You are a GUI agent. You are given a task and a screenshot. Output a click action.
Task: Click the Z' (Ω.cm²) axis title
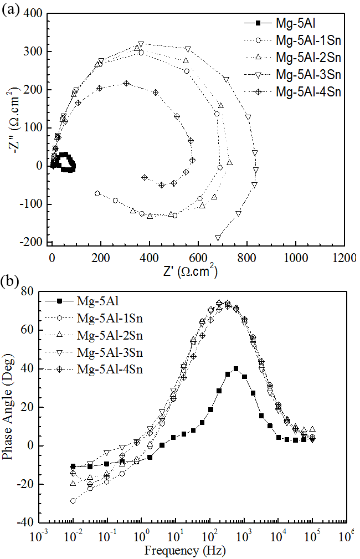tap(189, 272)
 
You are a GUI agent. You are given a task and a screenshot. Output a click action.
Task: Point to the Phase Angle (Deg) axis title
tap(9, 407)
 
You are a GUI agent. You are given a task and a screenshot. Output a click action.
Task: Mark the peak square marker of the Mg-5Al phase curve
tap(236, 368)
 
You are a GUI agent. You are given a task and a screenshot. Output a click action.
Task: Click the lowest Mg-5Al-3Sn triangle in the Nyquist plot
tap(218, 238)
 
